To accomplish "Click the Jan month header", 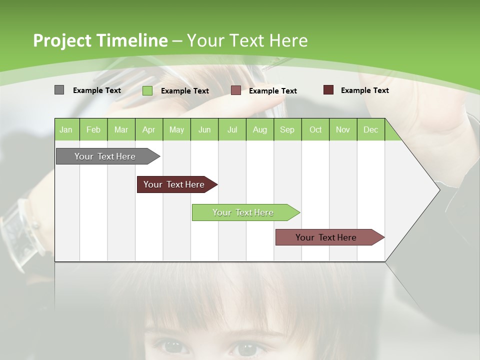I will click(66, 129).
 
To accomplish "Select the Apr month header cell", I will click(149, 129).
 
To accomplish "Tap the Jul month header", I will click(232, 129).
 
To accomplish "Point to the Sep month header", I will click(287, 129).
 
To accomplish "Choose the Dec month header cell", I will click(371, 129).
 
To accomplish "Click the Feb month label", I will click(93, 129).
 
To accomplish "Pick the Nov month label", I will click(343, 129).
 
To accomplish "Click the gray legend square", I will click(59, 90).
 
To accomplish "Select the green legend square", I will click(147, 90).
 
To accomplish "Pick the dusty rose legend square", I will click(236, 90).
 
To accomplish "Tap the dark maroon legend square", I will click(328, 90).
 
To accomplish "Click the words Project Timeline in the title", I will click(100, 40).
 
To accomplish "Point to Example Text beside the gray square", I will click(97, 90).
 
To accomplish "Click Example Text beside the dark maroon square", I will click(365, 90).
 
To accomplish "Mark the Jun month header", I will click(204, 129).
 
